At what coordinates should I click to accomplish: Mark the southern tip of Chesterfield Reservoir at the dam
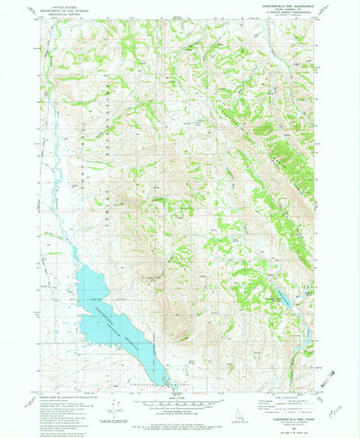(165, 382)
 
